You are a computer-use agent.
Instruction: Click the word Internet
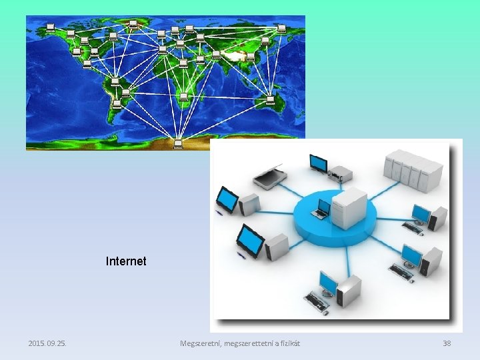tap(126, 261)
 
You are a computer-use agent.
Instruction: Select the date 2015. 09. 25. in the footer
tap(51, 343)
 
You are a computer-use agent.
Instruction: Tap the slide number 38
tap(447, 343)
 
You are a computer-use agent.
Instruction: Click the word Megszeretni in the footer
tap(200, 343)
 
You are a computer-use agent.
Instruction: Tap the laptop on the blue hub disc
tap(323, 209)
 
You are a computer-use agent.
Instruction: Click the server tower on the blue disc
tap(349, 207)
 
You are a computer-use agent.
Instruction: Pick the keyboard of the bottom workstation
tap(317, 303)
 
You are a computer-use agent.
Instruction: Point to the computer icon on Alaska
tap(51, 28)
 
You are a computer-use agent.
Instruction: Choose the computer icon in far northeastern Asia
tap(281, 29)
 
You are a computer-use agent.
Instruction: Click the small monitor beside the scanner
tap(318, 163)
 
